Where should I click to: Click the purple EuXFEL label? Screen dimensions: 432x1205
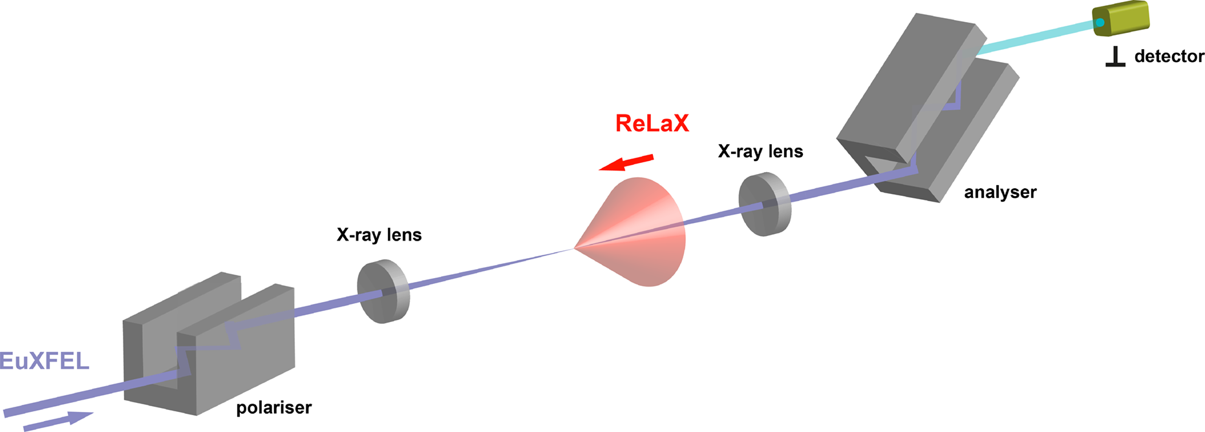pos(44,360)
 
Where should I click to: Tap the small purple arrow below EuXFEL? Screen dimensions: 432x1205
pos(58,420)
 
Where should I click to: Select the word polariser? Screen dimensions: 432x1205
pos(273,408)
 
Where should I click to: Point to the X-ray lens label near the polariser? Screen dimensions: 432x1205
pos(379,235)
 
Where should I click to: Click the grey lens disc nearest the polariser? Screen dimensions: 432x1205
pos(383,292)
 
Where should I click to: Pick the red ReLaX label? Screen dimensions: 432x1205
pos(652,123)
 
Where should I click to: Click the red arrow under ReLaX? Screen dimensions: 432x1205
pos(627,162)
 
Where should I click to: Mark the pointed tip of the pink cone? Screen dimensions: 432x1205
pos(575,248)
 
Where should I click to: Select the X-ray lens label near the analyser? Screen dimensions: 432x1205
pos(760,151)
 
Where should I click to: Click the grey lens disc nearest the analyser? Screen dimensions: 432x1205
pos(764,204)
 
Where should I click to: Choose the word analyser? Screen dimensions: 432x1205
pos(1000,192)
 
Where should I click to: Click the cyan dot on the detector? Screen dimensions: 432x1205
pos(1100,23)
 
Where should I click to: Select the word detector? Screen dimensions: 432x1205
pos(1169,57)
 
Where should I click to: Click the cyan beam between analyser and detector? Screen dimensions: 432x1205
pos(1034,38)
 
